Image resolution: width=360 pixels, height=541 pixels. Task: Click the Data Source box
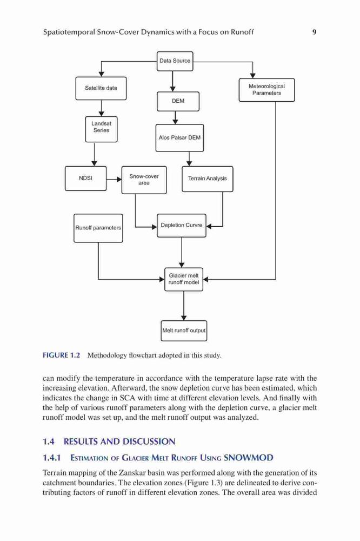pyautogui.click(x=175, y=61)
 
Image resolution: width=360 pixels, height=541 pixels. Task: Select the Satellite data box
pyautogui.click(x=101, y=88)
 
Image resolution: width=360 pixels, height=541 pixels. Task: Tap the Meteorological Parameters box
pyautogui.click(x=266, y=90)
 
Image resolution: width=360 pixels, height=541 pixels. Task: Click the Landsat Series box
pyautogui.click(x=101, y=129)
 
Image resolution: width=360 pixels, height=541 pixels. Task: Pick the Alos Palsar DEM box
pyautogui.click(x=179, y=137)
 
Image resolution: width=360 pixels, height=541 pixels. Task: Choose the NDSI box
pyautogui.click(x=85, y=179)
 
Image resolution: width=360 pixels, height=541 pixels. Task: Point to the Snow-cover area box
pyautogui.click(x=144, y=180)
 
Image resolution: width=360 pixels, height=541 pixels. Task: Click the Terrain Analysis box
pyautogui.click(x=207, y=179)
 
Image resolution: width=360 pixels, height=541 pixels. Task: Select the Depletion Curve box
pyautogui.click(x=182, y=225)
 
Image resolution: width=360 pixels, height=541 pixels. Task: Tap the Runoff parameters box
pyautogui.click(x=98, y=228)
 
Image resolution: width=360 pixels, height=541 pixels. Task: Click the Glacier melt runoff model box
pyautogui.click(x=183, y=279)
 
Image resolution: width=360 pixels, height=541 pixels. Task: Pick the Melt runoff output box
pyautogui.click(x=184, y=331)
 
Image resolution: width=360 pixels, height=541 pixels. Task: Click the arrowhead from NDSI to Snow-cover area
pyautogui.click(x=119, y=179)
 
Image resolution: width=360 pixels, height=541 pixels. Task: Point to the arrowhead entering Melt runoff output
pyautogui.click(x=184, y=318)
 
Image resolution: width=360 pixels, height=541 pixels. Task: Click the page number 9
pyautogui.click(x=314, y=32)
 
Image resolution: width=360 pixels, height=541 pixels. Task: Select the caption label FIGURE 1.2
pyautogui.click(x=62, y=355)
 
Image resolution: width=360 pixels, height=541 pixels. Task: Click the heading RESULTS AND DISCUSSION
pyautogui.click(x=119, y=441)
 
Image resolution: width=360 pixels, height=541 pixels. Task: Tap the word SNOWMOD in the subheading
pyautogui.click(x=248, y=458)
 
